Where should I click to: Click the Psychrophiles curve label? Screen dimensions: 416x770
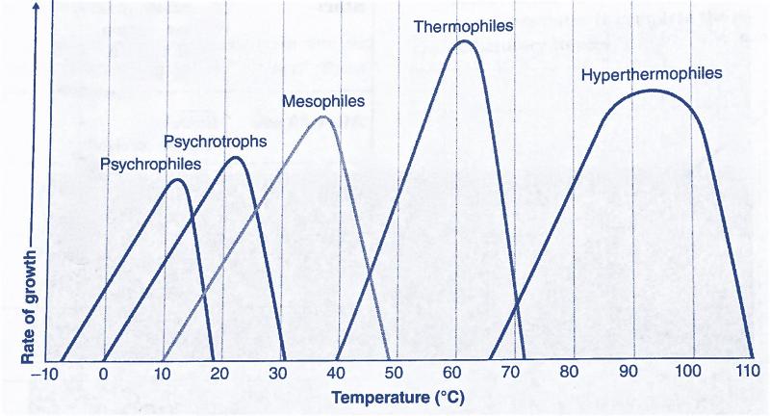click(150, 165)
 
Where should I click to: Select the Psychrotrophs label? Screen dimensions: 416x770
click(215, 142)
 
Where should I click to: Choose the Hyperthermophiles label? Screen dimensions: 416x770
click(652, 74)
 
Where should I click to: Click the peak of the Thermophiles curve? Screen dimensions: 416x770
click(464, 41)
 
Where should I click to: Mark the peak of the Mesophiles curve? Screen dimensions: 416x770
click(323, 117)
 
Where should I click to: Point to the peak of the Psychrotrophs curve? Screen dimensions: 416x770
click(234, 157)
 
